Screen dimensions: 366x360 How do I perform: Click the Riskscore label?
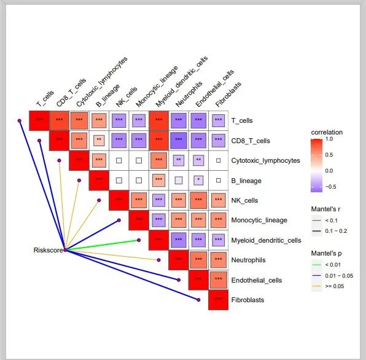(x=48, y=250)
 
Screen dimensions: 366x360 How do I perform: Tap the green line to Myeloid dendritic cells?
(x=102, y=245)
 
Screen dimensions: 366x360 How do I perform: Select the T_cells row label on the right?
(x=242, y=120)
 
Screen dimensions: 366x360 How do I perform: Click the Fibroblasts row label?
(x=247, y=300)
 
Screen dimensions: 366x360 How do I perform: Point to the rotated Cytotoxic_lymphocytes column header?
(x=102, y=82)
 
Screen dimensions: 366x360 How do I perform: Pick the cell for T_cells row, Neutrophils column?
(x=179, y=120)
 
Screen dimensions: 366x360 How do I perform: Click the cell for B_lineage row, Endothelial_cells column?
(x=198, y=180)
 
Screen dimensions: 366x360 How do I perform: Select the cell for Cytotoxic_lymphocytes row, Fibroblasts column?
(x=218, y=160)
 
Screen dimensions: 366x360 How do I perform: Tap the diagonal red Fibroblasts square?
(x=218, y=300)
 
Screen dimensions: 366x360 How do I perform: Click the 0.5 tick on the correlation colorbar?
(x=329, y=155)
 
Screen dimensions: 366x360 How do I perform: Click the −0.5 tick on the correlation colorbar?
(x=330, y=187)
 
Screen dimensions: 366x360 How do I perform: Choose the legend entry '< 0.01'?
(x=333, y=265)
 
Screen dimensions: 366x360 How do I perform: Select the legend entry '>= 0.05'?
(x=334, y=286)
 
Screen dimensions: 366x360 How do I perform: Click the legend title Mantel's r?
(x=325, y=209)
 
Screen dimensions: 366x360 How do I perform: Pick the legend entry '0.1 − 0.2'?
(x=336, y=231)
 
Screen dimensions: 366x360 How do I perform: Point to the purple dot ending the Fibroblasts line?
(x=198, y=300)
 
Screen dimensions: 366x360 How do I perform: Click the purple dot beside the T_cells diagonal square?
(x=20, y=120)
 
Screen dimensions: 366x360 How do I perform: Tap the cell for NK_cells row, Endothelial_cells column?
(x=198, y=200)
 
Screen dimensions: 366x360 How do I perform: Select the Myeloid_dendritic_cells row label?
(x=266, y=240)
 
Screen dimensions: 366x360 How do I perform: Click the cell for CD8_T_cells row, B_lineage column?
(x=99, y=141)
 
